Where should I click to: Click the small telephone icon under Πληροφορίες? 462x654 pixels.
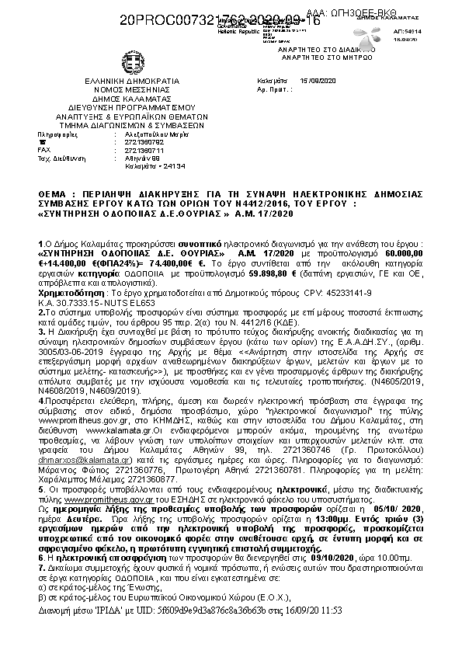pos(40,141)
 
